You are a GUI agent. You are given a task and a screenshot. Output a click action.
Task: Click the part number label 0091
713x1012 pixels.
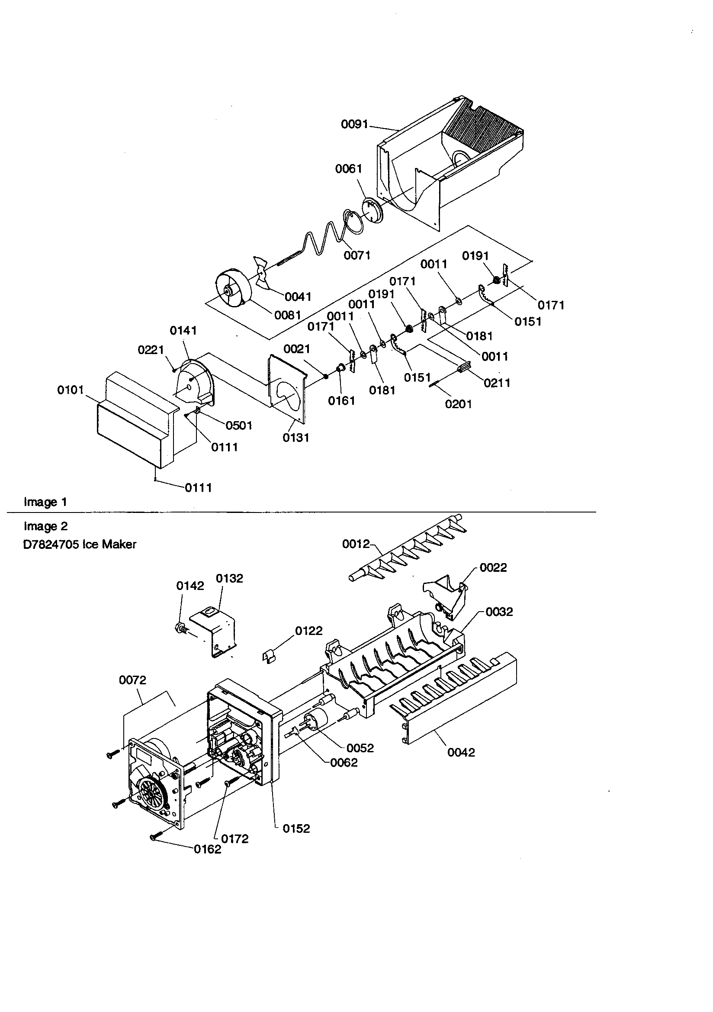pos(354,124)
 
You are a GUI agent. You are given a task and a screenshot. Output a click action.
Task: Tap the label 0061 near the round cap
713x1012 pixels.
pos(349,169)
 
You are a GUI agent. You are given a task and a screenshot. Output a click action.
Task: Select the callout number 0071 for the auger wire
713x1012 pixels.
pos(357,255)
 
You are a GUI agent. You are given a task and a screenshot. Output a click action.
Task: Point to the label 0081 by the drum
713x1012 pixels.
pos(287,315)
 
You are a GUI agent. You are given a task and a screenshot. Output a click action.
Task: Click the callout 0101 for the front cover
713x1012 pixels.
pos(71,390)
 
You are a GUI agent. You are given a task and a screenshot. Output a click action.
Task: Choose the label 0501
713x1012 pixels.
pos(239,425)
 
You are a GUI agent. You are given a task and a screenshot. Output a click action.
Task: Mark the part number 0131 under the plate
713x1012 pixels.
pos(295,438)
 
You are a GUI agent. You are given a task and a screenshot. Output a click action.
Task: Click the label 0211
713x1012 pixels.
pos(497,383)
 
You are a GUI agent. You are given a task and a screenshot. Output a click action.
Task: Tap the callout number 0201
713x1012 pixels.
pos(458,404)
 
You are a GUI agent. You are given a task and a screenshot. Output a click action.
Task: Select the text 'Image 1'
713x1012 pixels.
pos(45,502)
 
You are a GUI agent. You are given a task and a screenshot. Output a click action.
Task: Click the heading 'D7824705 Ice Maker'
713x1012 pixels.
pos(80,545)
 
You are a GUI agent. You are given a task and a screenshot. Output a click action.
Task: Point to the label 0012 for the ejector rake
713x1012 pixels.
pos(356,544)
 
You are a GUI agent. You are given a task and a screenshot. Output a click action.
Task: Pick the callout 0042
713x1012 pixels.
pos(461,752)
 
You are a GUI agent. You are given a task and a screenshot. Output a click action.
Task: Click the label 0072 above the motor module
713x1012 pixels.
pos(132,680)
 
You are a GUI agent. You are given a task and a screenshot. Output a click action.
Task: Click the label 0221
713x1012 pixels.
pos(151,350)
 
